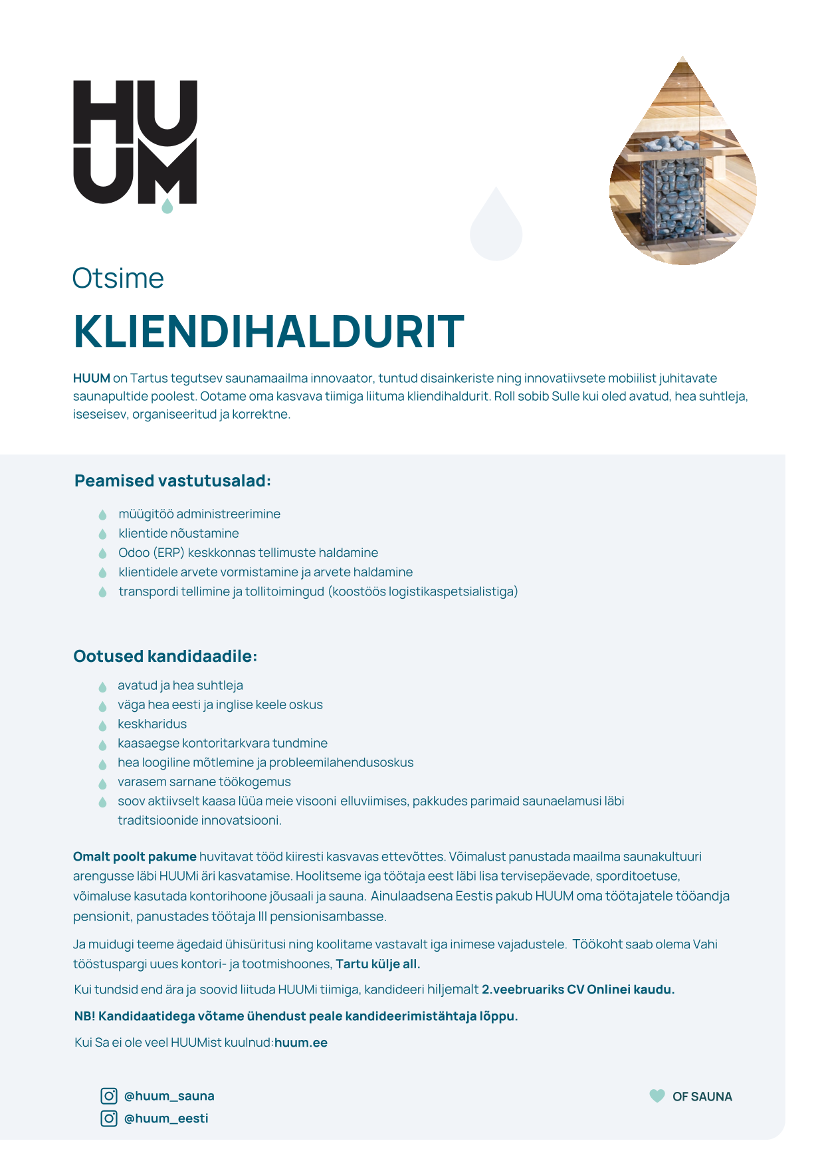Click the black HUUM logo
135,142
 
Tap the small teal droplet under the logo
167,207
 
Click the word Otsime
118,278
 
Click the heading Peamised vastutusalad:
172,480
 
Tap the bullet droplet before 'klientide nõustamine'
102,534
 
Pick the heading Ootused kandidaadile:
165,656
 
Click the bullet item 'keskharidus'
152,724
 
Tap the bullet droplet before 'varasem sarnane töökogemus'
102,783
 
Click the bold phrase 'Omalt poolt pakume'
134,857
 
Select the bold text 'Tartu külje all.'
377,964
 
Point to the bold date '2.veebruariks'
522,990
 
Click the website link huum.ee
301,1043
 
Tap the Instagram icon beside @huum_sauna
109,1096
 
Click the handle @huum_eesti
166,1118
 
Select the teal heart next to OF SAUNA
657,1096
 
